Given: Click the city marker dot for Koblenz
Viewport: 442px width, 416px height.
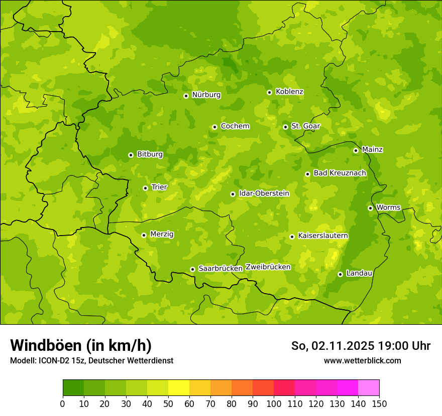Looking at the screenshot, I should click(x=270, y=92).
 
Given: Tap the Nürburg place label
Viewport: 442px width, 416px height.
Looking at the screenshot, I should click(x=206, y=95).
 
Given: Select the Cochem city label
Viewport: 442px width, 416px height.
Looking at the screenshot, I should click(x=235, y=126).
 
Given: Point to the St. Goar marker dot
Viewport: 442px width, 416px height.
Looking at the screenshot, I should click(x=285, y=127).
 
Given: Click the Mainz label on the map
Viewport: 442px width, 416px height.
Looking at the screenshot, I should click(x=372, y=149).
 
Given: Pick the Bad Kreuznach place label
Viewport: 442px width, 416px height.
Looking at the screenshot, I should click(x=340, y=173).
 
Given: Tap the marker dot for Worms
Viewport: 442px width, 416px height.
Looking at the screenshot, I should click(x=370, y=208).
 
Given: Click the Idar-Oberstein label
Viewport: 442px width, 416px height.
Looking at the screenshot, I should click(x=264, y=193).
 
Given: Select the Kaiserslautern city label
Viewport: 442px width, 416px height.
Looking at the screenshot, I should click(x=323, y=236).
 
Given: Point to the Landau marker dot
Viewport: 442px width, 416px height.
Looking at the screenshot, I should click(x=340, y=274).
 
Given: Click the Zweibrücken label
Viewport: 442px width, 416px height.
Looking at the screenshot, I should click(x=268, y=267).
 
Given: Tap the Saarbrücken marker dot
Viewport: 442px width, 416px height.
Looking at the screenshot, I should click(x=192, y=269).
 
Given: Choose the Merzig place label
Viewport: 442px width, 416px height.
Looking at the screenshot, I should click(x=162, y=234).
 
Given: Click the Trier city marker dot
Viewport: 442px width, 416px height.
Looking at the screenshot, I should click(x=145, y=188).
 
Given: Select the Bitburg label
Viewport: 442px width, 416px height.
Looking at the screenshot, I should click(x=150, y=154).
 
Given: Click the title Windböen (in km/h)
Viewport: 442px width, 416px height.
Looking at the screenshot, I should click(x=81, y=345).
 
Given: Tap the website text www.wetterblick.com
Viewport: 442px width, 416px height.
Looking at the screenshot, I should click(x=362, y=361).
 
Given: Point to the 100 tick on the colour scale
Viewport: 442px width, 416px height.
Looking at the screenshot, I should click(x=274, y=403).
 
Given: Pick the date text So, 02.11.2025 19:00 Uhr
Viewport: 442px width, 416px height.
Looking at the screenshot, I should click(x=361, y=346).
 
